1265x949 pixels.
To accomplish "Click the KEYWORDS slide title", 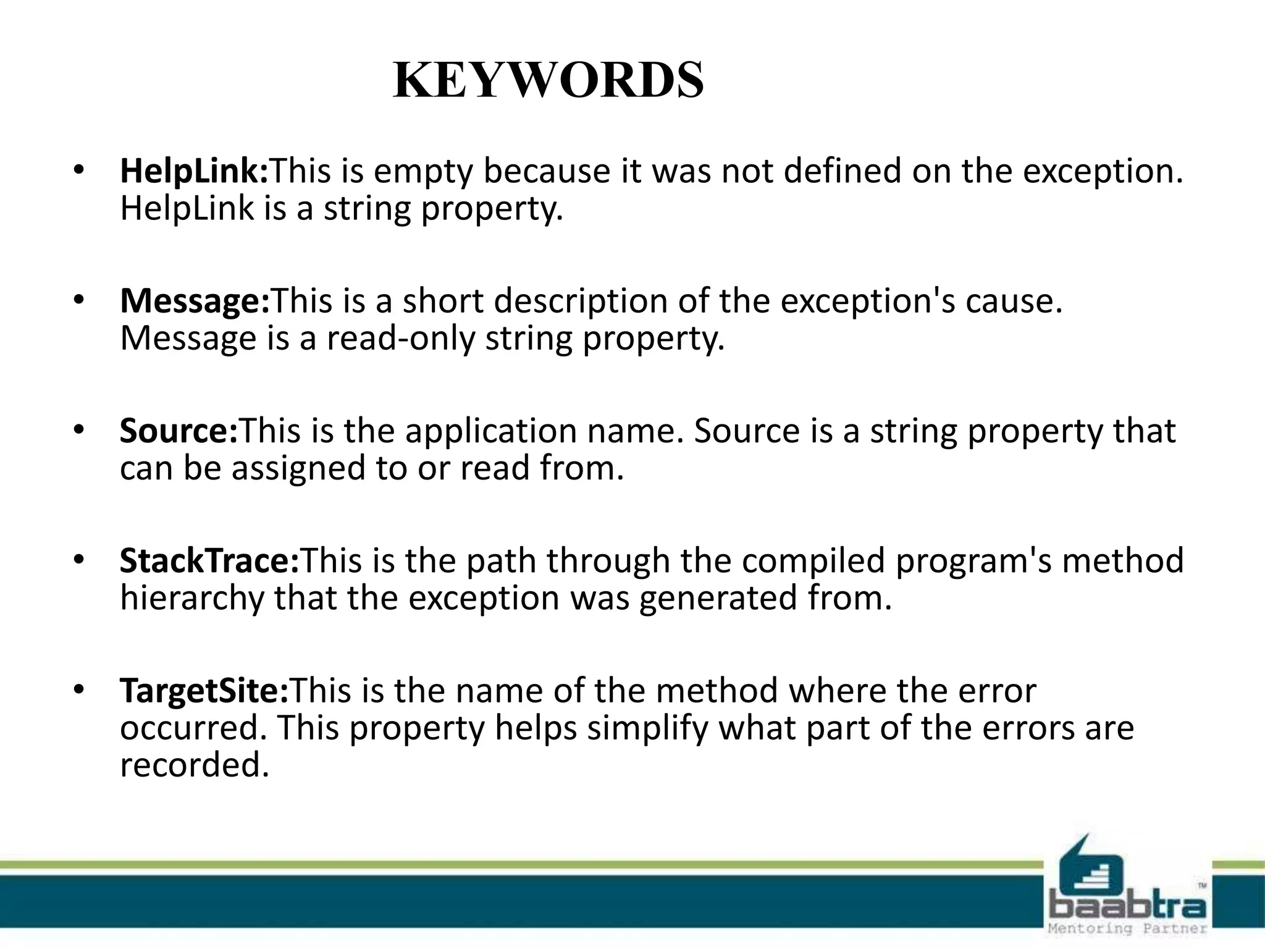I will pyautogui.click(x=548, y=80).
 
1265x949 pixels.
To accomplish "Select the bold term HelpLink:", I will pyautogui.click(x=195, y=171).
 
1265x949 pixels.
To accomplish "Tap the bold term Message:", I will pyautogui.click(x=195, y=302).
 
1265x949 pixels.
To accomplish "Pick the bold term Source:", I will pyautogui.click(x=179, y=431).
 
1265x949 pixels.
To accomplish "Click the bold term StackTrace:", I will pyautogui.click(x=209, y=560).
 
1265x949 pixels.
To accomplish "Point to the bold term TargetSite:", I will pyautogui.click(x=204, y=691).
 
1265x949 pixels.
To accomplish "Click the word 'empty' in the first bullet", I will pyautogui.click(x=422, y=172).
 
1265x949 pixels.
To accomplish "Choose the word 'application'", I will pyautogui.click(x=491, y=431).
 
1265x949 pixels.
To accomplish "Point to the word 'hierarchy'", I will pyautogui.click(x=191, y=598).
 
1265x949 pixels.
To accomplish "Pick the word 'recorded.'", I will pyautogui.click(x=195, y=765).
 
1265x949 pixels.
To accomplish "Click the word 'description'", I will pyautogui.click(x=581, y=302).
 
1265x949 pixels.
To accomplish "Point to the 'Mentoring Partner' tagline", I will pyautogui.click(x=1127, y=929).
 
